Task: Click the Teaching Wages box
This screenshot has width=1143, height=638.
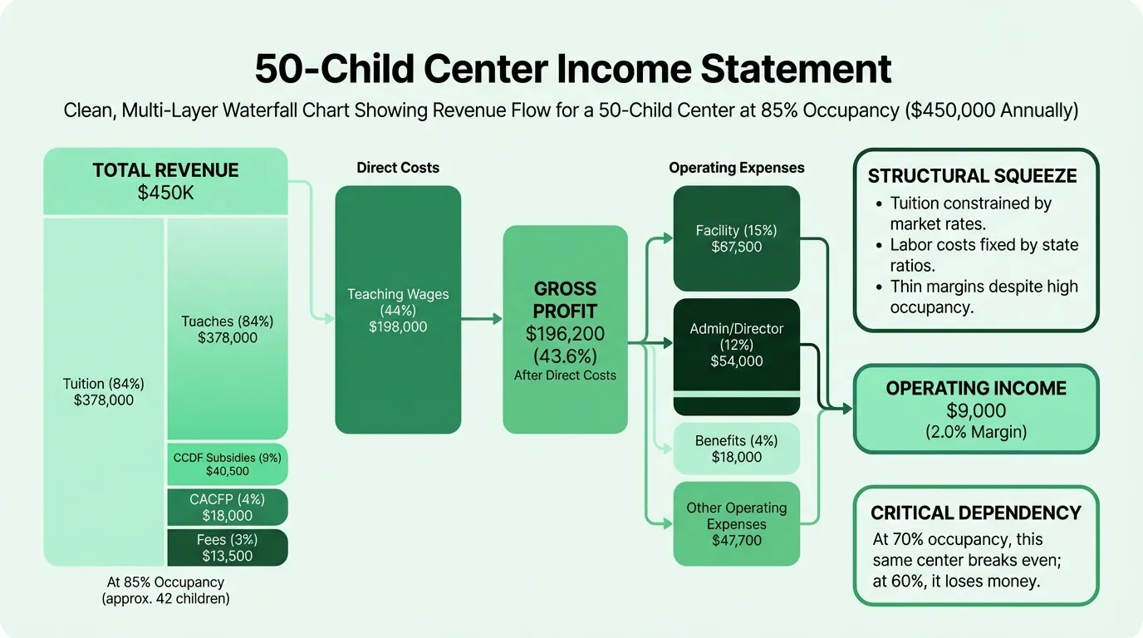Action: (x=398, y=310)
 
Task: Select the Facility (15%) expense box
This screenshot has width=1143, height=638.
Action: (x=736, y=238)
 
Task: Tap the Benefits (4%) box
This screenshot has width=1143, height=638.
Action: (x=736, y=449)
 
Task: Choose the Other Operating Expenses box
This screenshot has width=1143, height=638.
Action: (x=736, y=523)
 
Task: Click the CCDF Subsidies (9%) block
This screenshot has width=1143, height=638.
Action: (x=228, y=464)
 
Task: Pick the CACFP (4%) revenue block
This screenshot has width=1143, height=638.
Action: (x=228, y=508)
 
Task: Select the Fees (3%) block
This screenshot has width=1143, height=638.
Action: (x=228, y=547)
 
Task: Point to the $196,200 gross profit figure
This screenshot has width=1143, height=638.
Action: (x=565, y=334)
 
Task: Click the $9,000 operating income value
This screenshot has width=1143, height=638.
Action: (x=976, y=411)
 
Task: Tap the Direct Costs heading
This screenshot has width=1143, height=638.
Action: (x=398, y=168)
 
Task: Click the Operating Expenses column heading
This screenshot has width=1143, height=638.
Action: (x=736, y=168)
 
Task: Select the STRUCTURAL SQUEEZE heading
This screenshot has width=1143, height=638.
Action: (x=973, y=176)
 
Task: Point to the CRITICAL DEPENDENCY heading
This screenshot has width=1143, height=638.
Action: (x=976, y=513)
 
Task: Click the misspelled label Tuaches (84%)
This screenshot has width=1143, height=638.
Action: (x=228, y=321)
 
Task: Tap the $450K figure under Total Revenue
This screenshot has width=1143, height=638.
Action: (x=166, y=193)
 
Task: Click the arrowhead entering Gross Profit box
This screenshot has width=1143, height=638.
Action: (x=497, y=320)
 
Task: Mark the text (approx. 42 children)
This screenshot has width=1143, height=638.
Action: (x=166, y=598)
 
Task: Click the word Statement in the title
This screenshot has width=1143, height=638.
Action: (x=796, y=69)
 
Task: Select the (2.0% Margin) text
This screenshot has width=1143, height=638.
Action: (x=976, y=432)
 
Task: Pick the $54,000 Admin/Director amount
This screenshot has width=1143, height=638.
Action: (x=736, y=361)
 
